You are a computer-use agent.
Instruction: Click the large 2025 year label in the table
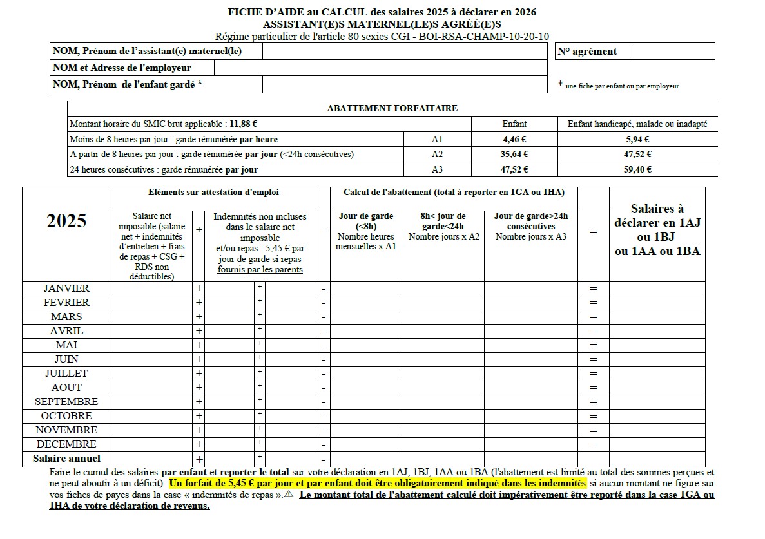tap(66, 221)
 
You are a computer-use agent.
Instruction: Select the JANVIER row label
tap(66, 288)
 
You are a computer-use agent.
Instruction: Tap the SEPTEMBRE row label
tap(66, 402)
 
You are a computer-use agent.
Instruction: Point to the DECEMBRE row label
tap(66, 444)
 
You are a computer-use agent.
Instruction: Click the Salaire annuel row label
tap(66, 459)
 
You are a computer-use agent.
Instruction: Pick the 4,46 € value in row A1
tap(515, 138)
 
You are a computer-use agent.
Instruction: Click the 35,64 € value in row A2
tap(515, 154)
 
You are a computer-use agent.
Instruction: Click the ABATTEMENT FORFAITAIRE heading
tap(392, 108)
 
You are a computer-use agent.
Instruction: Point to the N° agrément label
tap(586, 52)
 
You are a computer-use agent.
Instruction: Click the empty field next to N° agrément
tap(673, 52)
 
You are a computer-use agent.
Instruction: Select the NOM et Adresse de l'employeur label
tap(131, 68)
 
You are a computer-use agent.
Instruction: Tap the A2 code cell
tap(437, 154)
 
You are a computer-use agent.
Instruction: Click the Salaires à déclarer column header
tap(657, 230)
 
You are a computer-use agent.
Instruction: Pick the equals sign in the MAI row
tap(594, 345)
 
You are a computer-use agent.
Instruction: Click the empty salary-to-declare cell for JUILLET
tap(657, 374)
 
